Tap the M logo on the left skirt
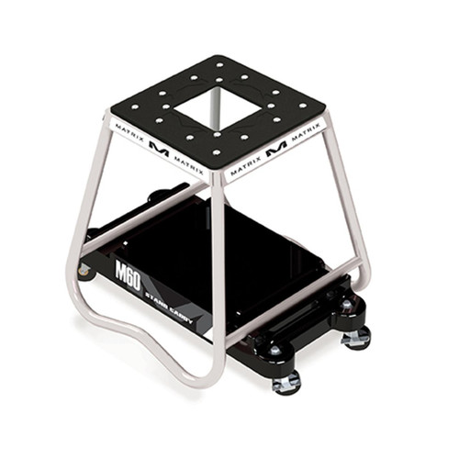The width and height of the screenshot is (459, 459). pyautogui.click(x=159, y=150)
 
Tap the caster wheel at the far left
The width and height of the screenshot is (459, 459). pyautogui.click(x=85, y=271)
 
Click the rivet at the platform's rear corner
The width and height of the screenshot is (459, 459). pyautogui.click(x=219, y=63)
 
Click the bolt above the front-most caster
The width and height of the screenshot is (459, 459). pyautogui.click(x=275, y=350)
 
